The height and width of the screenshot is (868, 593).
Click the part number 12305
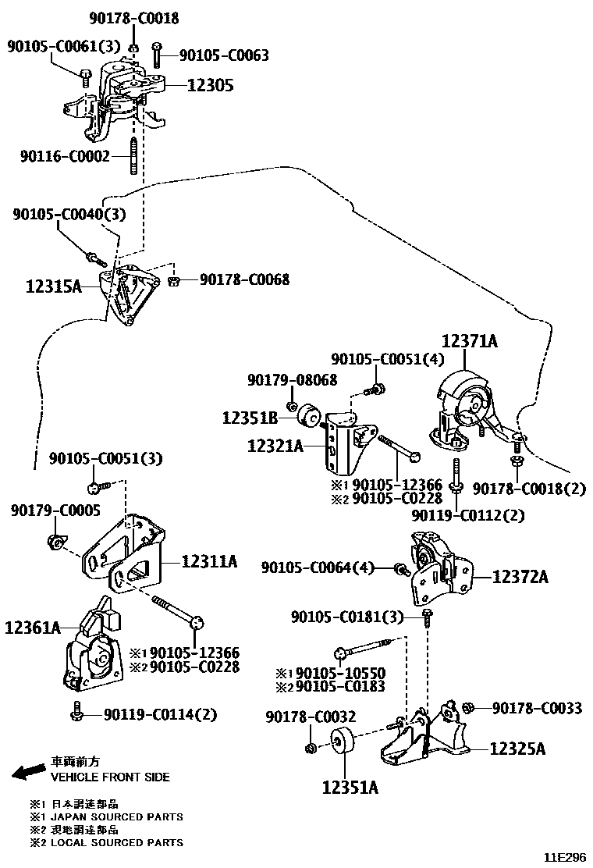[x=210, y=86]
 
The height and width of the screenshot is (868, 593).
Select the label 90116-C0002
[x=66, y=156]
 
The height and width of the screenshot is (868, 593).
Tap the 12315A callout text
[x=44, y=287]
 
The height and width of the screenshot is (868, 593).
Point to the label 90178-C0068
[x=244, y=279]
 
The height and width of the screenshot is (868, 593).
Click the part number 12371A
[x=470, y=341]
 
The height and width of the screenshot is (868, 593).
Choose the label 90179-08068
[x=293, y=379]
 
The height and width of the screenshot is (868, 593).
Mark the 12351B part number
[x=250, y=418]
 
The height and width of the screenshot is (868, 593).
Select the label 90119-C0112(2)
[x=468, y=515]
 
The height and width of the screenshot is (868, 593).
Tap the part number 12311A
[x=209, y=560]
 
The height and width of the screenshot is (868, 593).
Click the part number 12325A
[x=517, y=749]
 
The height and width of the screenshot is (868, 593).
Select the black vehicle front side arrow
[x=28, y=771]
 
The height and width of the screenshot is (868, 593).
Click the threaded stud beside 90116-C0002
[x=134, y=157]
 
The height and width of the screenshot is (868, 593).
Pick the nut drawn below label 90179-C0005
[x=56, y=540]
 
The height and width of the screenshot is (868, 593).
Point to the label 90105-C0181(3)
[x=347, y=617]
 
